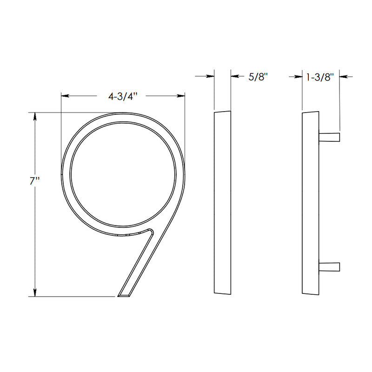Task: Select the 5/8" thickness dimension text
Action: point(259,77)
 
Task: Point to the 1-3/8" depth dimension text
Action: point(321,77)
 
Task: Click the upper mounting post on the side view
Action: point(330,136)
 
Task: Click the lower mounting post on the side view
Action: point(330,267)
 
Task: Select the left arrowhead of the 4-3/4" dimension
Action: point(66,96)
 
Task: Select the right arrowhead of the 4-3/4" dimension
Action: point(181,96)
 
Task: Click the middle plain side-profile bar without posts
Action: point(222,203)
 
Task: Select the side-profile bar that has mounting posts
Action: point(311,203)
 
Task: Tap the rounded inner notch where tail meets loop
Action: point(150,231)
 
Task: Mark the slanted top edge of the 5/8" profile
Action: point(222,112)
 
